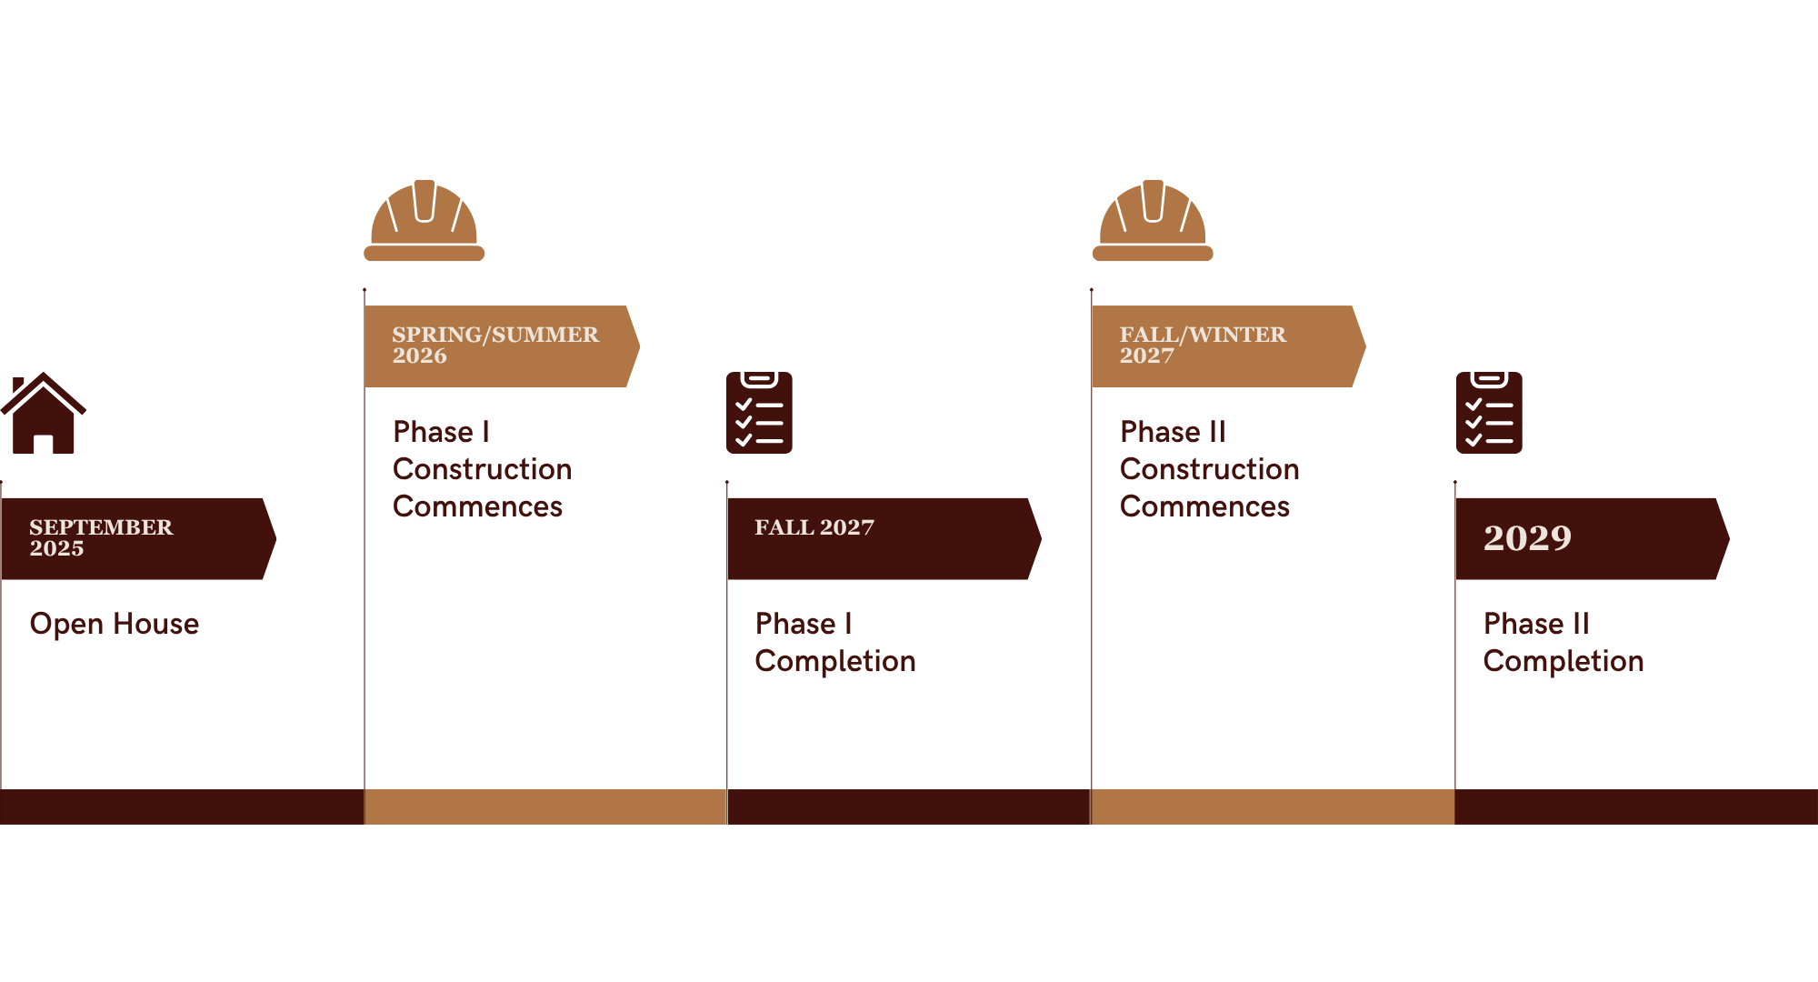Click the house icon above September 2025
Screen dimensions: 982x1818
tap(43, 414)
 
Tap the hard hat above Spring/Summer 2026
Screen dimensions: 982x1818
tap(424, 221)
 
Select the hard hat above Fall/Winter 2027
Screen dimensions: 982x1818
tap(1152, 221)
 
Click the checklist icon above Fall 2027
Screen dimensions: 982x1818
tap(759, 413)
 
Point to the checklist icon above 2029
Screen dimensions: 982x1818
tap(1488, 413)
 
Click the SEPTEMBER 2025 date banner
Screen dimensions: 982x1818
tap(136, 538)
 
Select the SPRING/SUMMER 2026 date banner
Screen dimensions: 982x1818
tap(501, 346)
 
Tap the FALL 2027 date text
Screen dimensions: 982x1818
tap(814, 527)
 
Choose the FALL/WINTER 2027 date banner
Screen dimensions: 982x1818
tap(1227, 346)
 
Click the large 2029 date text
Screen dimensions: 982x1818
tap(1527, 537)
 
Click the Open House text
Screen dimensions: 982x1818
tap(114, 624)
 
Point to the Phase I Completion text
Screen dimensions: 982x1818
tap(834, 642)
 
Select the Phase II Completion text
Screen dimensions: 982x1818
tap(1563, 642)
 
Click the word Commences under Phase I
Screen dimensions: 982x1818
tap(477, 506)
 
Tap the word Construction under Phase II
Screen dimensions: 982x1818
tap(1209, 469)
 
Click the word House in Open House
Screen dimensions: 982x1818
tap(155, 624)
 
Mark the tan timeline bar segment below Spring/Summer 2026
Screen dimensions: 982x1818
tap(545, 807)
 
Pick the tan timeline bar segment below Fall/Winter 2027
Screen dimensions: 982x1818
tap(1273, 807)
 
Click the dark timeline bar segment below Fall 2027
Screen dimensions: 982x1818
tap(909, 807)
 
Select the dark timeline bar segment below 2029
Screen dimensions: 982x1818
tap(1636, 807)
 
